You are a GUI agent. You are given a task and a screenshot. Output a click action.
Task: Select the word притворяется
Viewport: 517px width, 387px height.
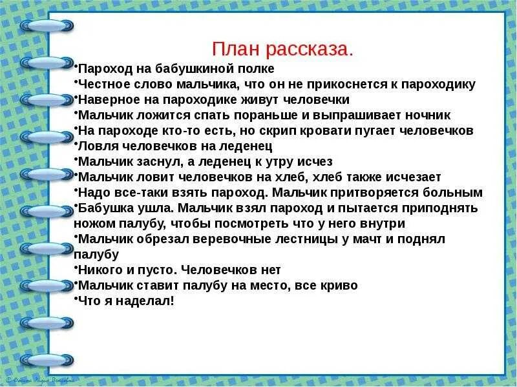(x=371, y=193)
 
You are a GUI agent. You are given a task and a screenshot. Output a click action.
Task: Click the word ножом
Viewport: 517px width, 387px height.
(x=92, y=224)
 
